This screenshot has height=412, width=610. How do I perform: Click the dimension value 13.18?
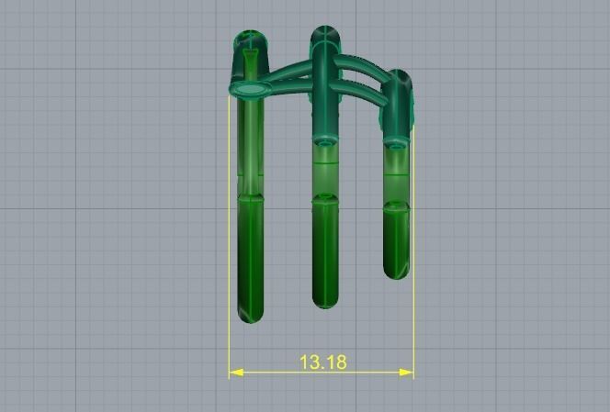[322, 362]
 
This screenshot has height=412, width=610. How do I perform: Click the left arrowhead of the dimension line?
[235, 373]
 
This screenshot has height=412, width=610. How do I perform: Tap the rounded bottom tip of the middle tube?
[324, 301]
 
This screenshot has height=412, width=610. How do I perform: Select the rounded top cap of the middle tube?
[324, 36]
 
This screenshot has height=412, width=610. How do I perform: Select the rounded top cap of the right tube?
[397, 79]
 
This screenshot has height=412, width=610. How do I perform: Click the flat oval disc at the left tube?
[250, 88]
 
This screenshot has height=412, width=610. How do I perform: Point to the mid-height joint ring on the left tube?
[250, 195]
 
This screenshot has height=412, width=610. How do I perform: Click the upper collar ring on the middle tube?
[324, 140]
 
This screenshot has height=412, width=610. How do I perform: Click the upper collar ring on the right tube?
[397, 143]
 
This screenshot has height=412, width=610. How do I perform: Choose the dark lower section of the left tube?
[250, 257]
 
